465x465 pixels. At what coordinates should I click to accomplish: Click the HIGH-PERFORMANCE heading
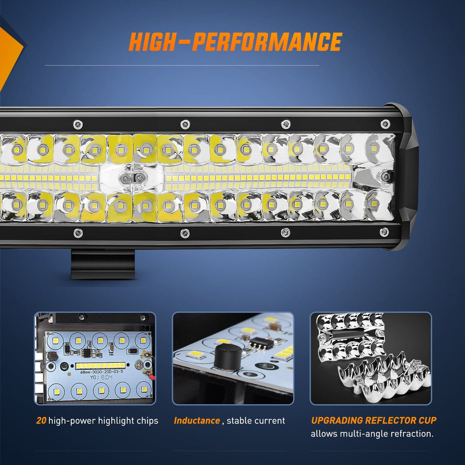point(235,42)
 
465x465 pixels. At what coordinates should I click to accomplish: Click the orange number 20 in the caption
point(41,421)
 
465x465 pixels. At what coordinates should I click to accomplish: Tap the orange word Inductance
point(197,421)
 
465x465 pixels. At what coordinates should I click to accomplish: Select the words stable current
point(256,421)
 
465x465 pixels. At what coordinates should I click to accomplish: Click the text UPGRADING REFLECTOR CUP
point(373,420)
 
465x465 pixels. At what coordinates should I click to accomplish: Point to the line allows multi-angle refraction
point(372,434)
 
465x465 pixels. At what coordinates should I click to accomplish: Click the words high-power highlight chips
point(103,421)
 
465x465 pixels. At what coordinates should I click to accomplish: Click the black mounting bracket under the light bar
point(103,264)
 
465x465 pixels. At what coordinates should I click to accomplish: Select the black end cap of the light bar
point(406,176)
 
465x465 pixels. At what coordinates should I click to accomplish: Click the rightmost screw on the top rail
point(386,124)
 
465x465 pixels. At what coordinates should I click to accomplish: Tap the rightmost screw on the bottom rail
point(384,231)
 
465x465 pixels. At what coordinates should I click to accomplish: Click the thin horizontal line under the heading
point(182,65)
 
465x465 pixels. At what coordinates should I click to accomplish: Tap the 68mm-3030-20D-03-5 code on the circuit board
point(102,372)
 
